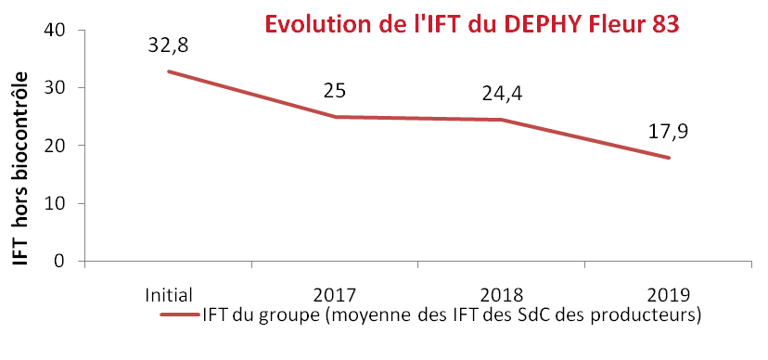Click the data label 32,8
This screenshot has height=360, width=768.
click(x=167, y=45)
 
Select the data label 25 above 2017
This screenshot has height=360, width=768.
click(x=335, y=91)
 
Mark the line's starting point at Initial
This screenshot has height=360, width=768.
click(x=168, y=71)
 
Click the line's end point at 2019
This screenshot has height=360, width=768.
click(x=669, y=158)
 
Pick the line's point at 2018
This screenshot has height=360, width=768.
click(x=502, y=120)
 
